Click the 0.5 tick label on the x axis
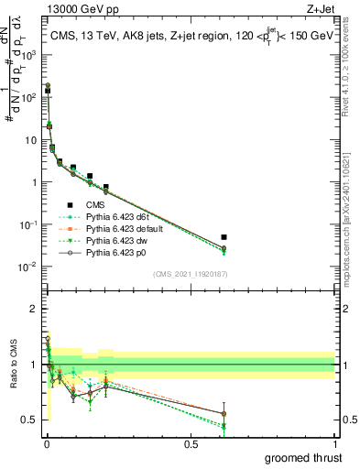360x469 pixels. pyautogui.click(x=191, y=444)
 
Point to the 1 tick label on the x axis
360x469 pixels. pyautogui.click(x=333, y=444)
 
